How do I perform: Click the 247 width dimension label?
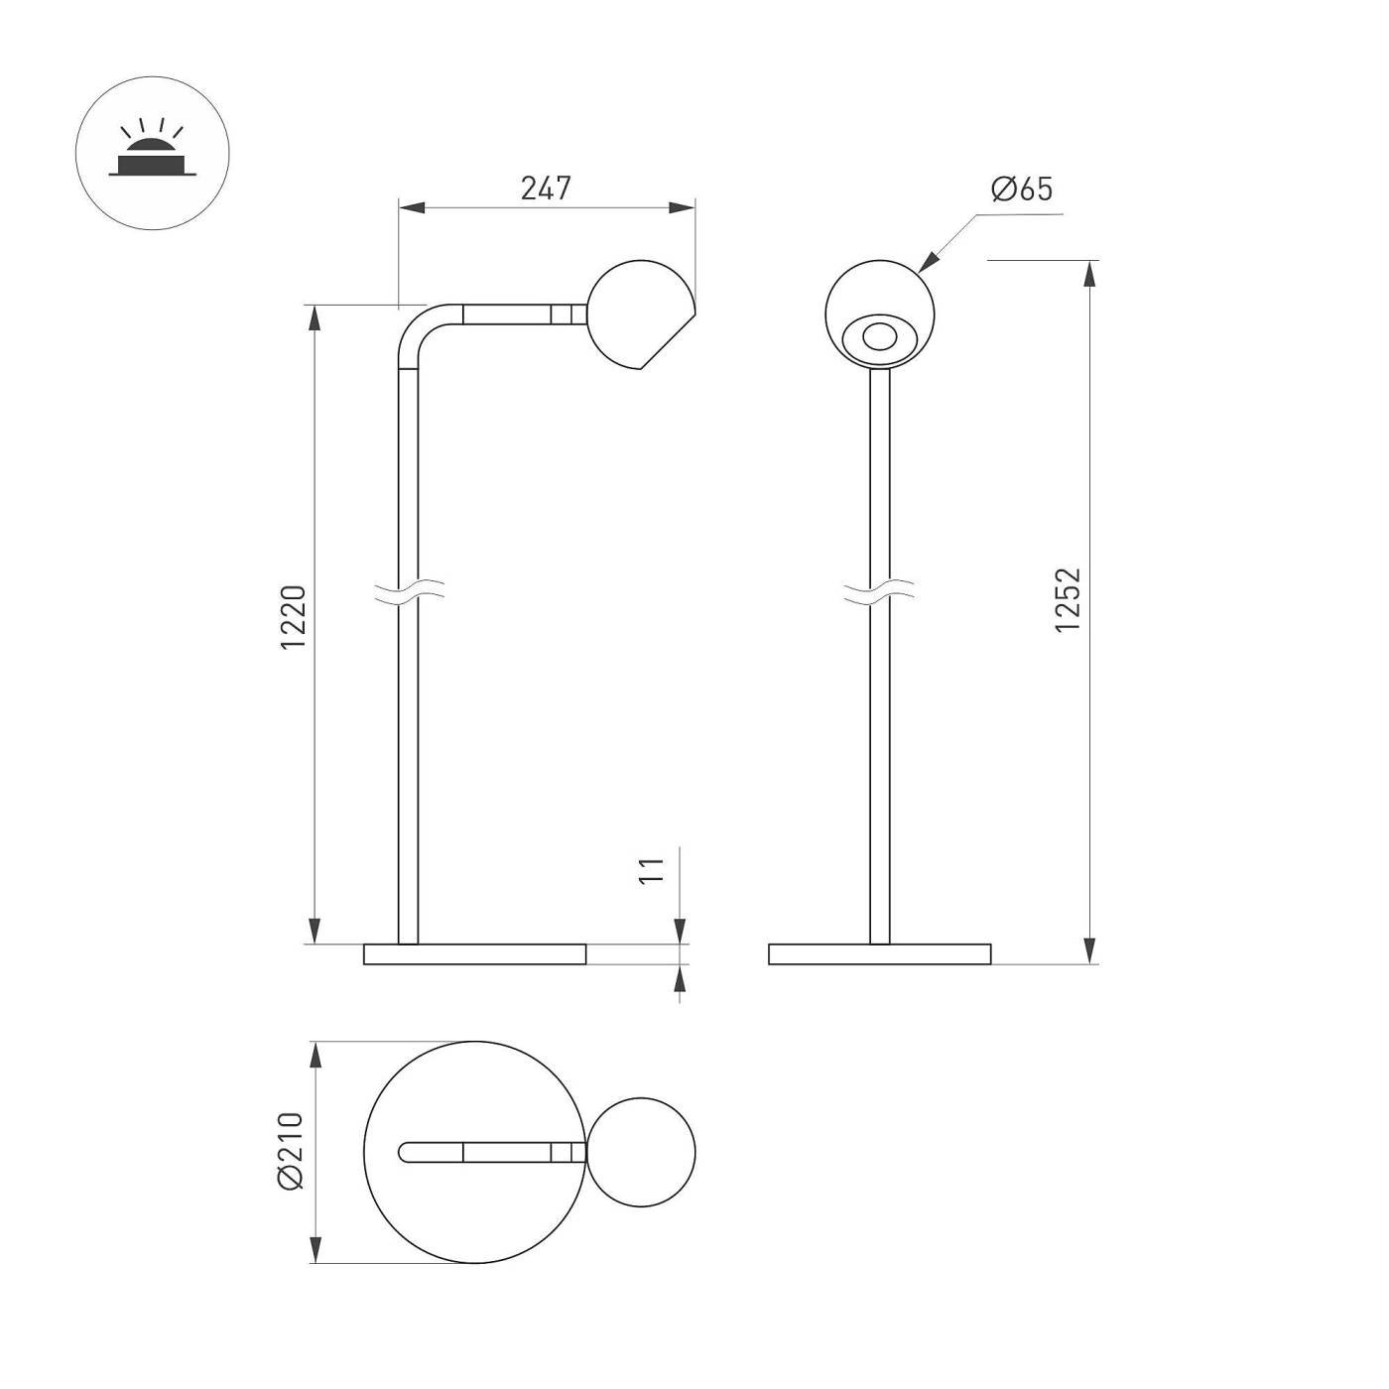[546, 189]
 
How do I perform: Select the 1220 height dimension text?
[294, 617]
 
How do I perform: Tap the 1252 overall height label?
[1068, 600]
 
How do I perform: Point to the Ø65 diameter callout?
[1021, 189]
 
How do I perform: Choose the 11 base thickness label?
[651, 872]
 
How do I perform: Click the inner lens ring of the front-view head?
[879, 336]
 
